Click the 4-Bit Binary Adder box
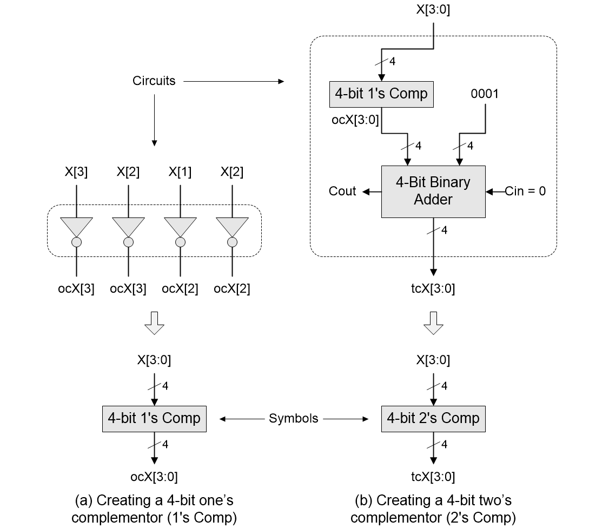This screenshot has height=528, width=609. click(x=433, y=192)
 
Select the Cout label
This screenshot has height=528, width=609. click(x=342, y=191)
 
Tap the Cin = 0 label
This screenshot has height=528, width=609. click(x=525, y=191)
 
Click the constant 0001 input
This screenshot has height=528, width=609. click(x=485, y=94)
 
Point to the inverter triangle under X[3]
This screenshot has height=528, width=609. click(x=76, y=226)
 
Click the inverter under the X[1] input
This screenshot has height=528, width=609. click(x=180, y=226)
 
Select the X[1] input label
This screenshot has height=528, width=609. click(x=180, y=172)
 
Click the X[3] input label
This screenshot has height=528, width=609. click(x=76, y=172)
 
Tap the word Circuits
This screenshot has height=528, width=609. click(x=154, y=81)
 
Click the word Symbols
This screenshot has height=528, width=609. click(x=294, y=418)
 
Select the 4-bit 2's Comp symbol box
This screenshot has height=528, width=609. click(x=433, y=418)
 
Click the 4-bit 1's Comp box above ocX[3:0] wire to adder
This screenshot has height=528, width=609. click(x=381, y=94)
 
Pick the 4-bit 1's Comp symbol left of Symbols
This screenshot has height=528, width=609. click(x=154, y=418)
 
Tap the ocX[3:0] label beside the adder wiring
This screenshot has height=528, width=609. click(x=355, y=120)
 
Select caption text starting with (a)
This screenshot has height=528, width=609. click(x=154, y=509)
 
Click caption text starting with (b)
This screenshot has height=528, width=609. click(x=433, y=509)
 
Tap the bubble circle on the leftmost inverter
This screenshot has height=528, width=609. click(x=76, y=242)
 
